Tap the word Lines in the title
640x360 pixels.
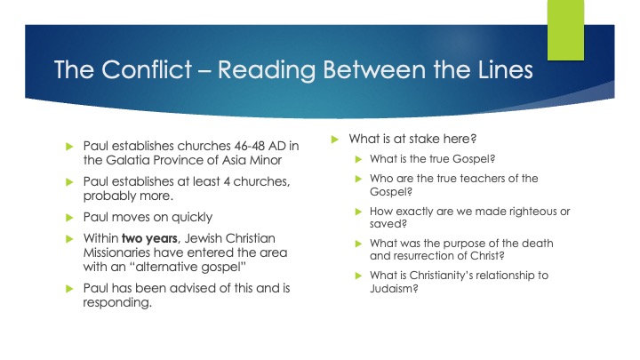(x=499, y=70)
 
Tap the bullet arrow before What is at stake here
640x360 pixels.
(x=335, y=139)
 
